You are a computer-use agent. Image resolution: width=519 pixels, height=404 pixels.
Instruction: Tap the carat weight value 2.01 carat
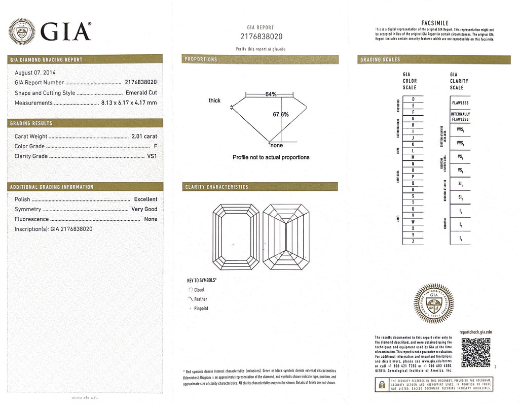[144, 136]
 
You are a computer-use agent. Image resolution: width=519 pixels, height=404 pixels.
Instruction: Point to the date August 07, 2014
[35, 72]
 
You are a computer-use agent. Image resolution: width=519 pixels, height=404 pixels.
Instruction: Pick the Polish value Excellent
[145, 199]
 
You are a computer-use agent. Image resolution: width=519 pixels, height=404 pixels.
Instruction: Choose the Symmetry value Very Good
[144, 209]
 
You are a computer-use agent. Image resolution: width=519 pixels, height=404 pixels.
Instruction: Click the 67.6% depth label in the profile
[280, 114]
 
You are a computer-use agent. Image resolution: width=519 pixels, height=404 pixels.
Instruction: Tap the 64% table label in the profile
[271, 94]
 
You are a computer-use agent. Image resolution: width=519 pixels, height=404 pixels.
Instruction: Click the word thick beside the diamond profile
[214, 100]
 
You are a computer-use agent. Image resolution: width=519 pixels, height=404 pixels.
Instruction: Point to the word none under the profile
[276, 146]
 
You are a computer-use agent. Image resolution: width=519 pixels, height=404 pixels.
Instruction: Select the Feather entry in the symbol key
[201, 299]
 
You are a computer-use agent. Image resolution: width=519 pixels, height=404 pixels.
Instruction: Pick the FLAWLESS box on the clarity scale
[460, 103]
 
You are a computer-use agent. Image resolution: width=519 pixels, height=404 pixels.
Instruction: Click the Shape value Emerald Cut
[141, 93]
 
